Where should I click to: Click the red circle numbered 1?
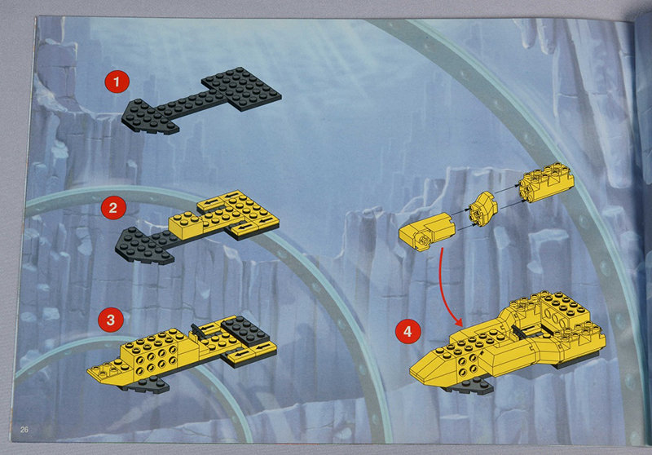pos(117,81)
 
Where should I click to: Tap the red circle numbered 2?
pos(113,207)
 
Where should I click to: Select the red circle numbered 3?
pos(111,320)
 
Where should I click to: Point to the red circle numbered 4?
pos(407,331)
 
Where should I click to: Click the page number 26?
pos(24,430)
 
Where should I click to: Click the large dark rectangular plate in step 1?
pos(241,89)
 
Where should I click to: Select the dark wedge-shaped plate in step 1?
pos(150,117)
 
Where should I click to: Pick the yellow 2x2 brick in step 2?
pos(187,226)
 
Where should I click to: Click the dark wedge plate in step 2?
pos(144,246)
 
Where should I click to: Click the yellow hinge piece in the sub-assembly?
pos(427,232)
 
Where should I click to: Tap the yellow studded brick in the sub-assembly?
pos(546,182)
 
